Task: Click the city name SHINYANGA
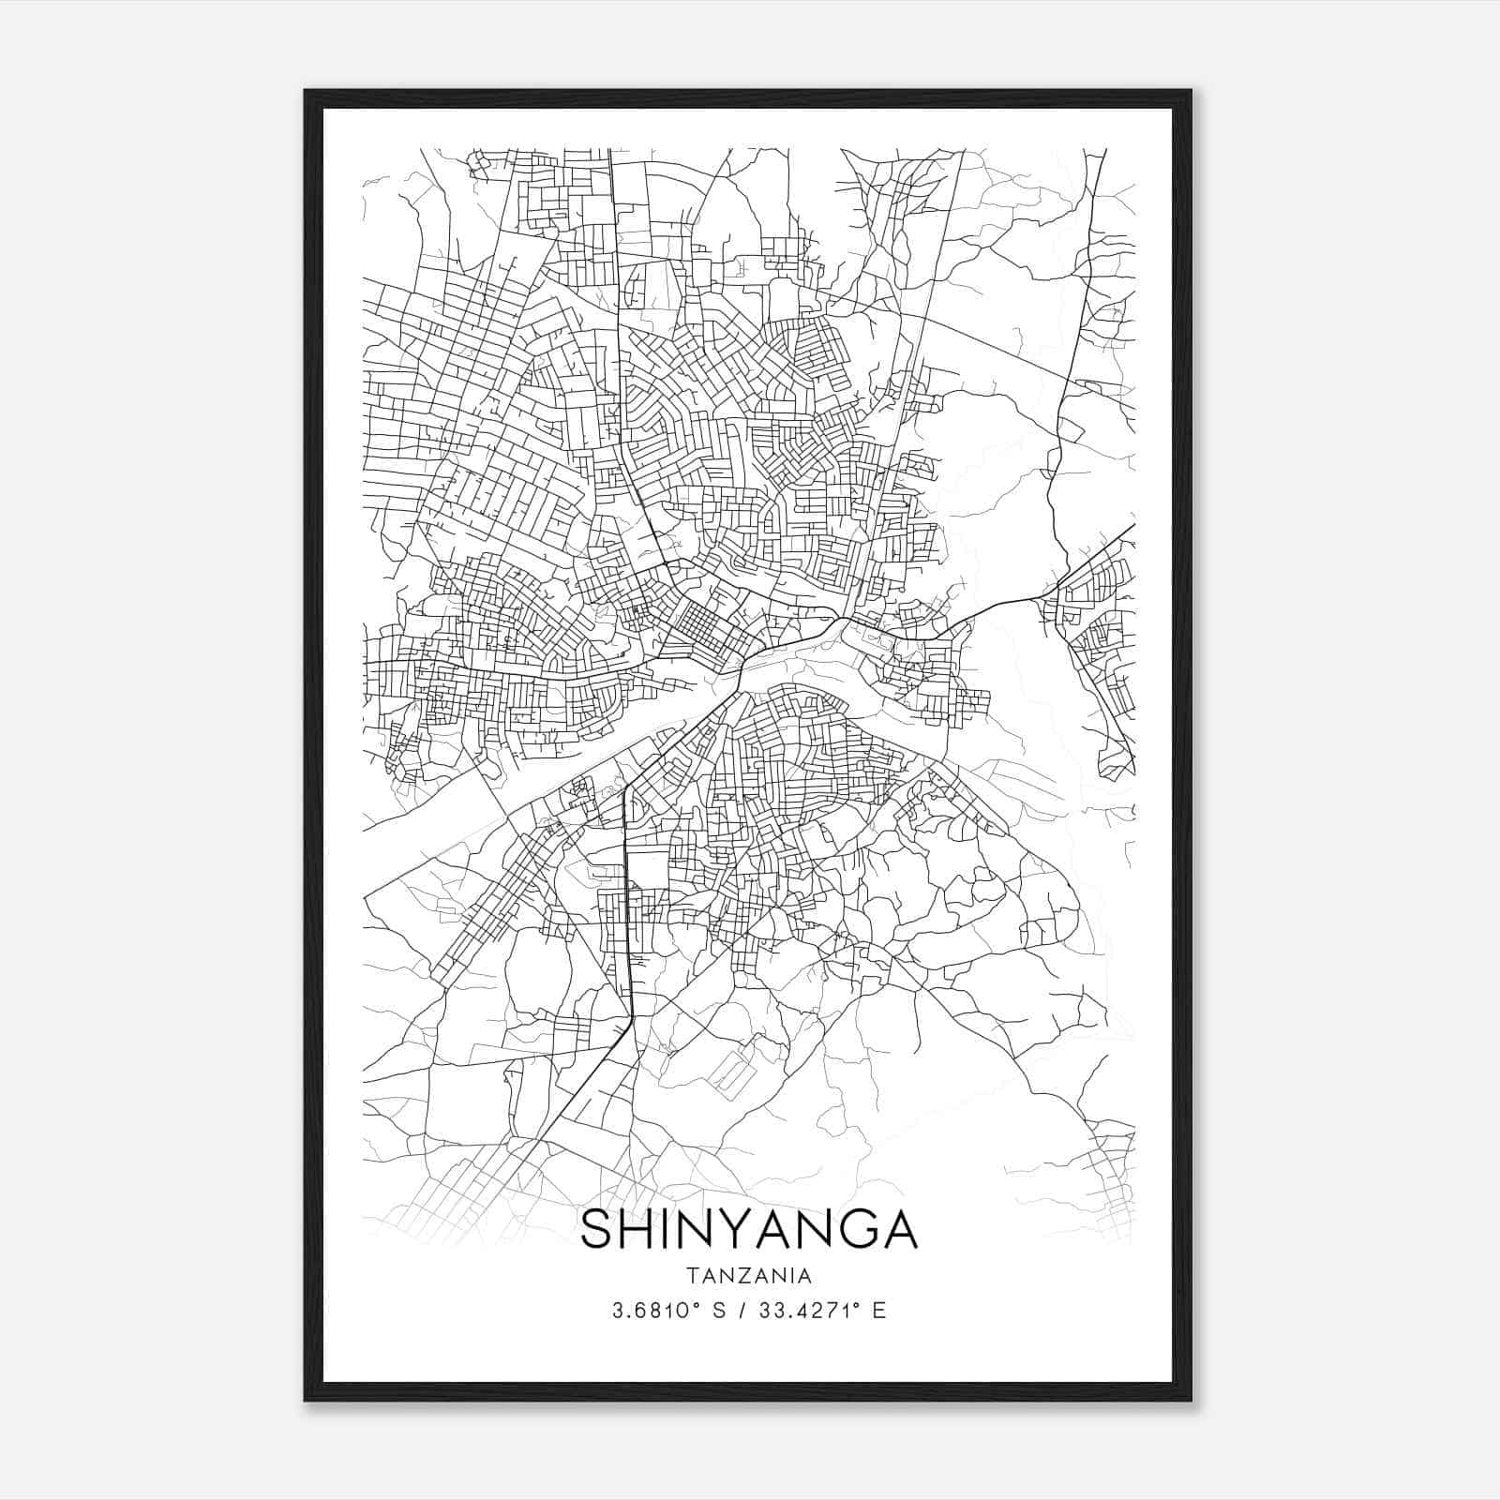(x=749, y=1229)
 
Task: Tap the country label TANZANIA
(x=749, y=1275)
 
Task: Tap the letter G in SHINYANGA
(x=848, y=1229)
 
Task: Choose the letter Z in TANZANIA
(x=749, y=1275)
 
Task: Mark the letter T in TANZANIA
(x=691, y=1275)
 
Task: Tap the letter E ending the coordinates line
(x=879, y=1311)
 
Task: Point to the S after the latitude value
(x=719, y=1311)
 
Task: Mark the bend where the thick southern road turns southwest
(x=630, y=1022)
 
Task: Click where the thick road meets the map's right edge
(x=1132, y=526)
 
